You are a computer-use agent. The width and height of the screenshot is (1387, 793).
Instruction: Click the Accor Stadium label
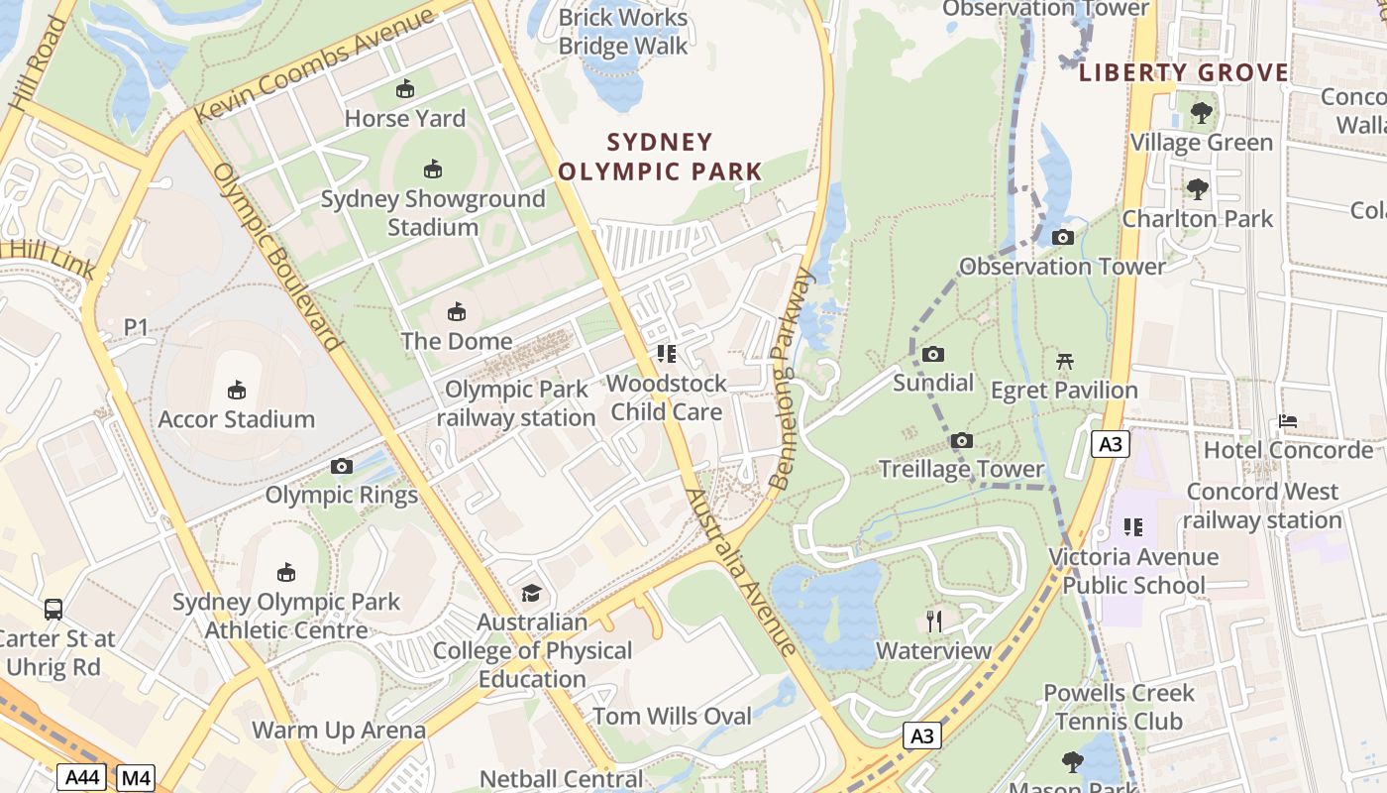[236, 419]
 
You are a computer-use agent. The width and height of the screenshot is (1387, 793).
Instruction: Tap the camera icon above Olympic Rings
[342, 466]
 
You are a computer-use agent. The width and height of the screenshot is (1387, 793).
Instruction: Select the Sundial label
[933, 383]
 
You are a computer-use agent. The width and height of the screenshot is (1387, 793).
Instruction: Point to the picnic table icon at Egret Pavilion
[1065, 361]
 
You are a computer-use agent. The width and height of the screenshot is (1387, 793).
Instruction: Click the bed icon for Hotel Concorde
[1287, 421]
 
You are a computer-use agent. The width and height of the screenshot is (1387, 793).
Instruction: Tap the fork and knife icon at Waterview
[933, 622]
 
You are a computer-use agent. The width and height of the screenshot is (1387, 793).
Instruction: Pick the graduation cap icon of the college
[532, 593]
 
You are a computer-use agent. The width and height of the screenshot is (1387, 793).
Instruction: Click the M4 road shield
[136, 778]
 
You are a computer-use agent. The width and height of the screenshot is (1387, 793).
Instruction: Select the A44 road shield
[81, 778]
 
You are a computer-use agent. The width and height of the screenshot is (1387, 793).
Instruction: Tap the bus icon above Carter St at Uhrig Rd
[53, 610]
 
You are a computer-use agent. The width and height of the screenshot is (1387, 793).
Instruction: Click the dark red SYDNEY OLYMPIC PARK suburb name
[660, 157]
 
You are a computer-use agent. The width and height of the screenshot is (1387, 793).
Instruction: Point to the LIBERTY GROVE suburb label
[1184, 72]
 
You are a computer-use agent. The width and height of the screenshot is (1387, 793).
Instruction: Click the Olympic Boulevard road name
[278, 257]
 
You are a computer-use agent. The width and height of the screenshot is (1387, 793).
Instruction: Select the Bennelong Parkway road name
[792, 378]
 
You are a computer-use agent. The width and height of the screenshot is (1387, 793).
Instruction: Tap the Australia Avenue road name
[741, 572]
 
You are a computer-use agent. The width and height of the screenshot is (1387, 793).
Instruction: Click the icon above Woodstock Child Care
[666, 354]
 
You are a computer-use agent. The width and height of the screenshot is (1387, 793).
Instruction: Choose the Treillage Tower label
[961, 469]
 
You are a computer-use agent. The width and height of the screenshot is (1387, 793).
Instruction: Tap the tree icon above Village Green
[1201, 113]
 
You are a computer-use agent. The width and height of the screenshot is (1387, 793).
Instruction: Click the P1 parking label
[136, 326]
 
